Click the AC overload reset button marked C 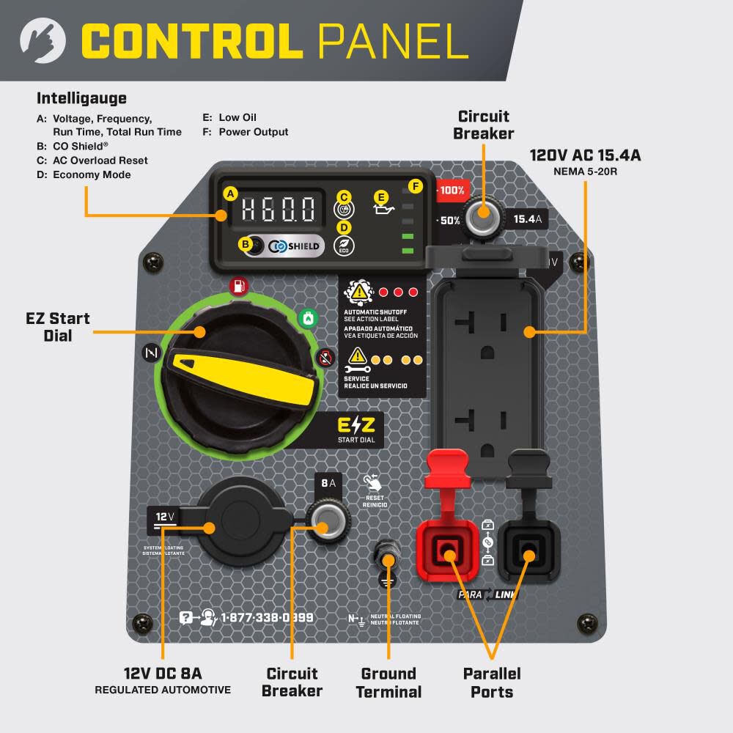tap(343, 209)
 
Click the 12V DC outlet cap tap(238, 525)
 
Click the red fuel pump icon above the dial tap(237, 286)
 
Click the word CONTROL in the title tap(191, 41)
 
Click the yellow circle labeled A tap(230, 194)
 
